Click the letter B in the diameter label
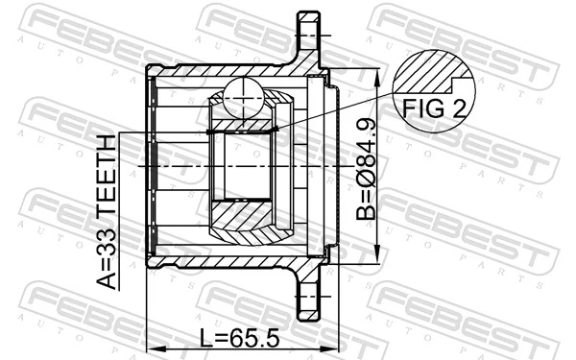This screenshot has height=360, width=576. [x=369, y=205]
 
